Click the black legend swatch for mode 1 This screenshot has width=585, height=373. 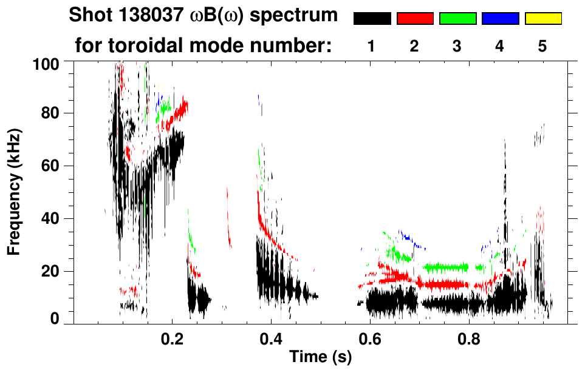[x=372, y=19]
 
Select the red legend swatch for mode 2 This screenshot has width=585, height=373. [x=414, y=19]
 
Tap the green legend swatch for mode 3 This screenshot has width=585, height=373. [x=457, y=19]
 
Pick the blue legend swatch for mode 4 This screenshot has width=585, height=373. [x=500, y=19]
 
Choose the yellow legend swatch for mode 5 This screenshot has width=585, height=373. [x=542, y=19]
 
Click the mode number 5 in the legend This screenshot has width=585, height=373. [x=542, y=46]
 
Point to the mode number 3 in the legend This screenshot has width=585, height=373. [x=457, y=46]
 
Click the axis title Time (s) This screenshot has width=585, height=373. [x=320, y=358]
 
